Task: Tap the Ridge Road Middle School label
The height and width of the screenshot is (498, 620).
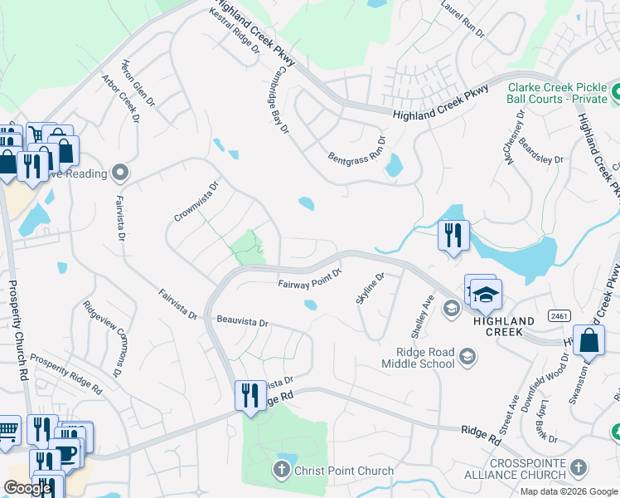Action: (x=419, y=358)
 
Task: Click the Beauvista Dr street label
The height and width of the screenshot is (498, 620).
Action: (x=243, y=321)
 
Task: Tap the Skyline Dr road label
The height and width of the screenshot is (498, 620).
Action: (x=371, y=288)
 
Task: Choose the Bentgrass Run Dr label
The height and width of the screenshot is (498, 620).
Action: (x=356, y=149)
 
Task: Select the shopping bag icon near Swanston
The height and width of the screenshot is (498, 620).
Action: (x=589, y=340)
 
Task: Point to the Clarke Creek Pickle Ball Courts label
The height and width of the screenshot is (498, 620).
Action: (x=557, y=93)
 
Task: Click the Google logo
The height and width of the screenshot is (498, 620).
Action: (x=27, y=488)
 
